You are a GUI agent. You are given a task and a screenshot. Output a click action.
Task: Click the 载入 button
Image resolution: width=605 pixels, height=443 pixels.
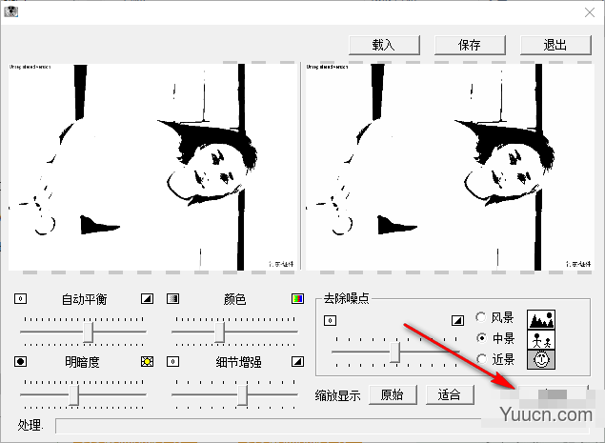383,44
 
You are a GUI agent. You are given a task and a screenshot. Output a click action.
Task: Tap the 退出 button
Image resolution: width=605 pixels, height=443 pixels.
555,44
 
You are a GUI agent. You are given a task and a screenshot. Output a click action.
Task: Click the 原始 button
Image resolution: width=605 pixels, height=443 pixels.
392,394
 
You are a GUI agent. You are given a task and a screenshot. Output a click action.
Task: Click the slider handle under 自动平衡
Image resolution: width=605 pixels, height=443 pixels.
90,331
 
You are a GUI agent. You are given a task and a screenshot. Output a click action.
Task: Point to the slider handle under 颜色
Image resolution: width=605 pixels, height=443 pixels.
220,331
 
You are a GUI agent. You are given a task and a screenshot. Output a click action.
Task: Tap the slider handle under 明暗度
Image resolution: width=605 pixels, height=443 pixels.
74,393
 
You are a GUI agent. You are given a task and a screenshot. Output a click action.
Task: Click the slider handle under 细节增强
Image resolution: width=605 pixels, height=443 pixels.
244,393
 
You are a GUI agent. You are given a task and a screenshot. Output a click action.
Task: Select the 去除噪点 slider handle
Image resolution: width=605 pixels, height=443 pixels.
395,352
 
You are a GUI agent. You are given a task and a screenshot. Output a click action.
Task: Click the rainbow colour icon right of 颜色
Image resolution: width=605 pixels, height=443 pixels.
297,298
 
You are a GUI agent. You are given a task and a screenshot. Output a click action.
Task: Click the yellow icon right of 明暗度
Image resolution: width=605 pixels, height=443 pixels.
147,362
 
